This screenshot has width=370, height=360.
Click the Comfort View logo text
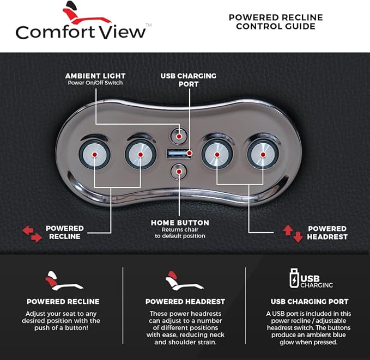point(81,32)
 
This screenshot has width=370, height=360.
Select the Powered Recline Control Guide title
point(276,22)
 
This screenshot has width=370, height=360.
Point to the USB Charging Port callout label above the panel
point(189,80)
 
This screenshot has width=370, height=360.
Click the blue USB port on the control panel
point(179,154)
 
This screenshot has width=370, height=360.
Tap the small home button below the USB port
point(179,172)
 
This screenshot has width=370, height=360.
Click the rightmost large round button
point(263,155)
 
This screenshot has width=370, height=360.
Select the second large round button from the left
point(141,155)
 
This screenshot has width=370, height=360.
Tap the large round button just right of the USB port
point(217,155)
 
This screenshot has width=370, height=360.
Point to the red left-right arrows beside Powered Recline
point(32,234)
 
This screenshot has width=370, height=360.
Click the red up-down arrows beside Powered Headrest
point(293,233)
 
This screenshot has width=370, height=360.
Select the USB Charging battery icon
point(294,278)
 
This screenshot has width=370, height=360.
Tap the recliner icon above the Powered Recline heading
point(64,280)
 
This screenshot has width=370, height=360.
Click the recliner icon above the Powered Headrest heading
point(184,280)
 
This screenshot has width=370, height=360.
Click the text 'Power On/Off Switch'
point(95,83)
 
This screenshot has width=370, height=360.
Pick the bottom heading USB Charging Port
point(310,302)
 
